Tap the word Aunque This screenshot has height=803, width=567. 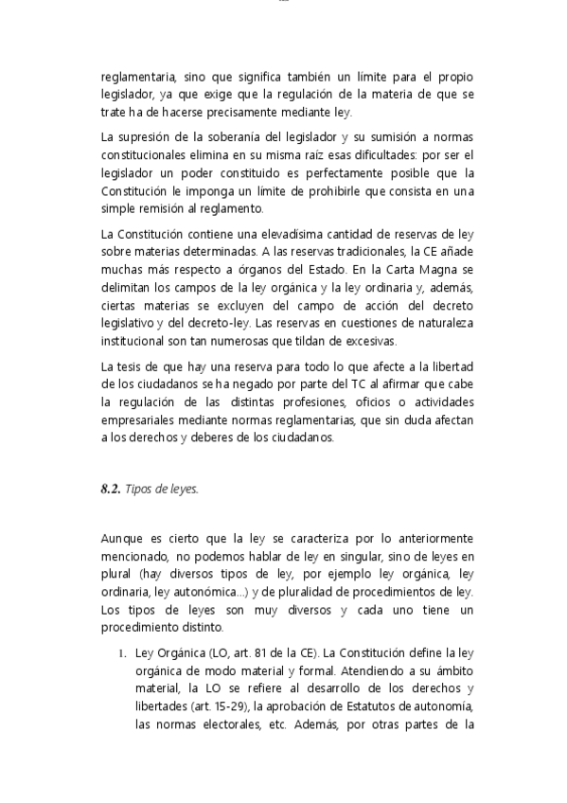[x=121, y=539]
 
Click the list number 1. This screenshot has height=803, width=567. [x=122, y=653]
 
